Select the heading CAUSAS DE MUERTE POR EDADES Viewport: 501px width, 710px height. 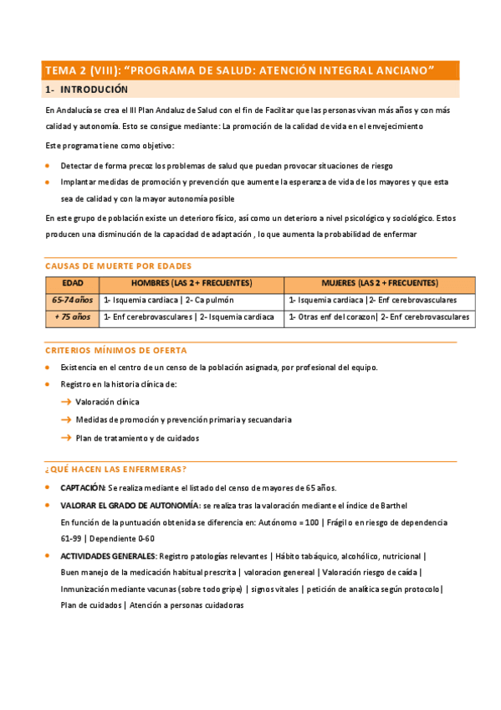click(x=118, y=265)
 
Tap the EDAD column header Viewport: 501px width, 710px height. click(x=73, y=283)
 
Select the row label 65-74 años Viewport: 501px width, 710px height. click(x=73, y=300)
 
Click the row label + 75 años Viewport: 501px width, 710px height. click(x=73, y=317)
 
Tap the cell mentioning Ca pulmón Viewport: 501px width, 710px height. click(x=168, y=300)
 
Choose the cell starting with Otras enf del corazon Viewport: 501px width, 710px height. click(x=379, y=317)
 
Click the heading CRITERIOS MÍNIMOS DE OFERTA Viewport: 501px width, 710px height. click(x=115, y=350)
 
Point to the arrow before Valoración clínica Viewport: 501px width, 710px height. click(x=66, y=402)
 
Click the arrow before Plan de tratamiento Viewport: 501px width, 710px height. click(x=66, y=437)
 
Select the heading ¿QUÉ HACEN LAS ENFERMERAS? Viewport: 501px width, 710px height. click(x=115, y=469)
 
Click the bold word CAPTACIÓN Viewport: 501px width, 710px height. click(x=83, y=488)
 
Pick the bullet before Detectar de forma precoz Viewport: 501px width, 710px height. click(x=49, y=166)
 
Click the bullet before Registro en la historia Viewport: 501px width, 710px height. click(x=49, y=384)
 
